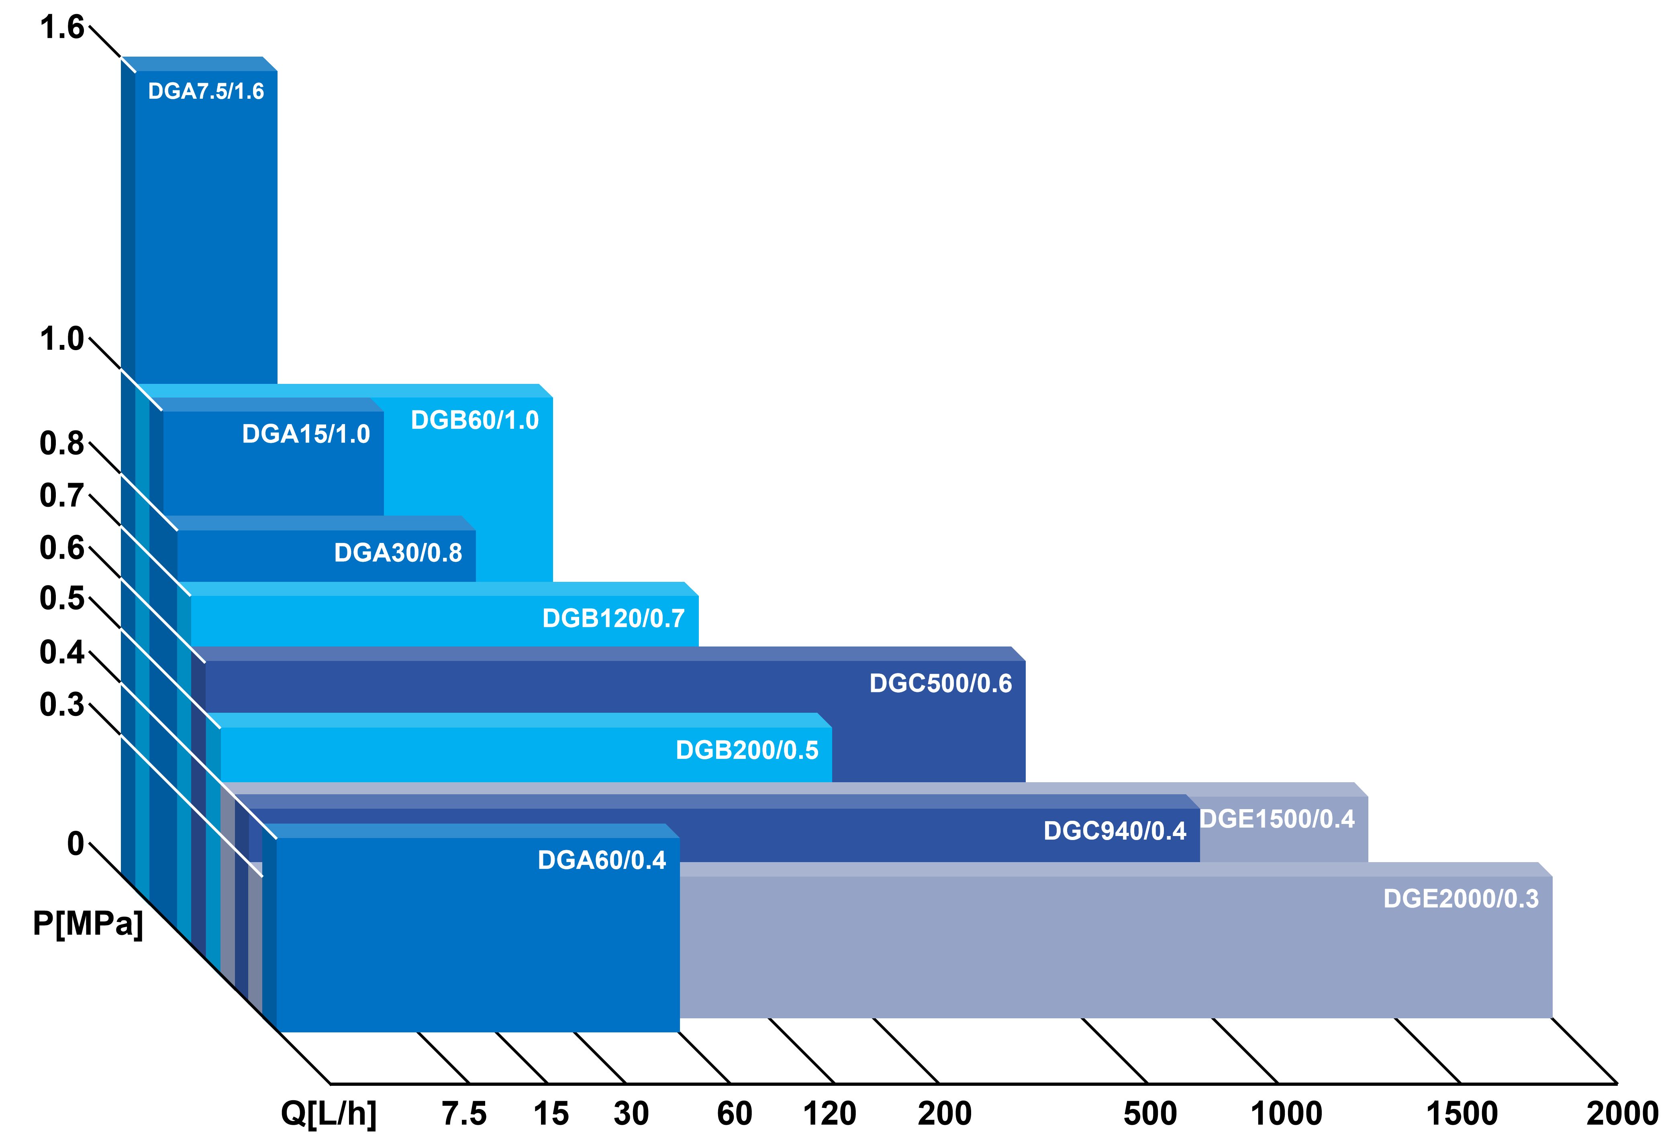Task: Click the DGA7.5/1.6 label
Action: [x=206, y=92]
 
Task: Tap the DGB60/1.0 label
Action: [x=474, y=420]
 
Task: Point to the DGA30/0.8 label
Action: [x=398, y=553]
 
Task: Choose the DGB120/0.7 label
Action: [x=613, y=619]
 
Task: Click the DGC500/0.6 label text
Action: [x=940, y=683]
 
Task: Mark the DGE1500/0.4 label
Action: [x=1276, y=819]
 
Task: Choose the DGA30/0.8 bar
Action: [x=253, y=556]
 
